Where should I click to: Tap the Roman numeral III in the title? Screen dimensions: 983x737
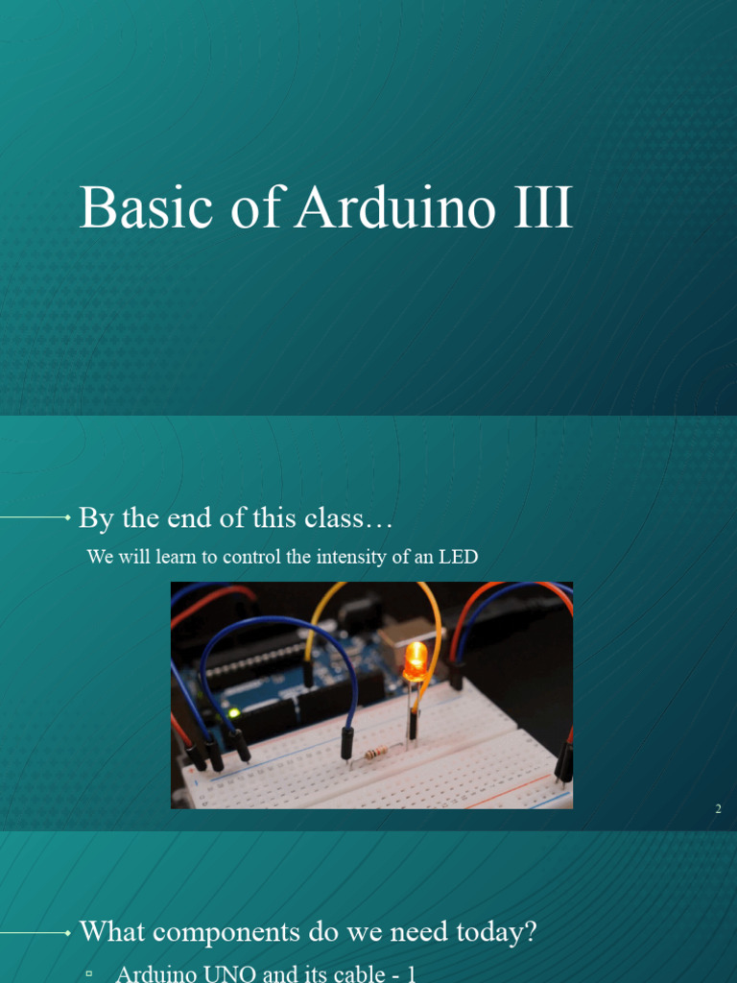542,208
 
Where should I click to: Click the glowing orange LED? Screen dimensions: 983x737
416,660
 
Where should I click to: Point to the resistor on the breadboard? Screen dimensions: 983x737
377,754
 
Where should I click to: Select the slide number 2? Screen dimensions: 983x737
717,809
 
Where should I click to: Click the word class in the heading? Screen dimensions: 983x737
335,518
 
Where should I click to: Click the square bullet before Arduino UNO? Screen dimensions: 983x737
89,973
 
